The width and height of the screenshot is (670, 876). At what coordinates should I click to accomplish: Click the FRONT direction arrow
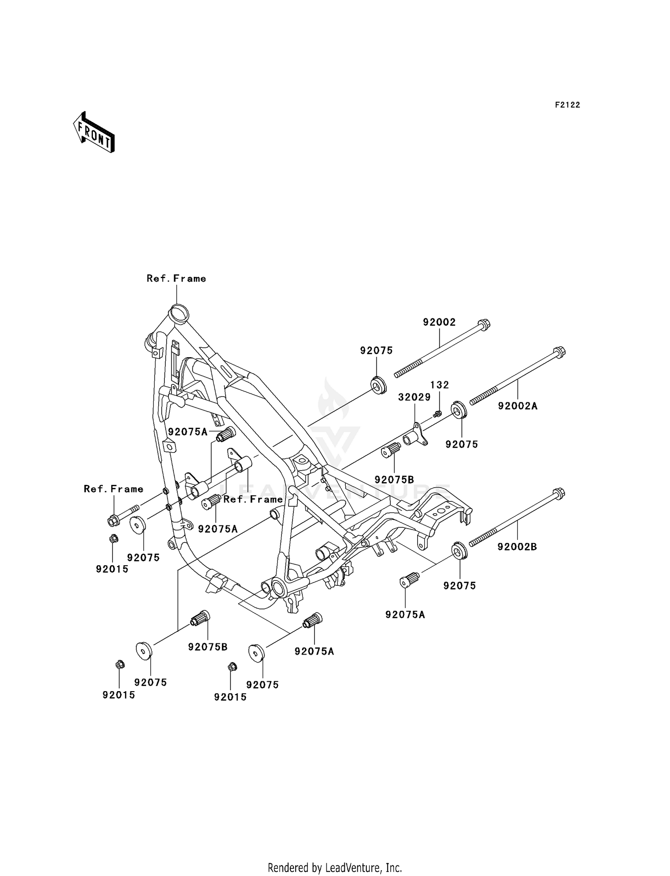[x=94, y=133]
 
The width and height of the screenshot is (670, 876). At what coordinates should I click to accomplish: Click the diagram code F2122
[x=567, y=105]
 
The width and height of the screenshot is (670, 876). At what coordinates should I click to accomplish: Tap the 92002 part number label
[x=439, y=322]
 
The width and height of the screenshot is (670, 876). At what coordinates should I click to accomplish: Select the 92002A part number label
[x=518, y=406]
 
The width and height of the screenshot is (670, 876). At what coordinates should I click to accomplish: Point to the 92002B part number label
[x=517, y=546]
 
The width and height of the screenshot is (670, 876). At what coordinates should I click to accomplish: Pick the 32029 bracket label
[x=414, y=397]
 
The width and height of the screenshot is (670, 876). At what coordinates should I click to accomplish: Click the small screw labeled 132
[x=438, y=414]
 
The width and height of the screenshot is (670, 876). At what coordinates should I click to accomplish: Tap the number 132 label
[x=440, y=385]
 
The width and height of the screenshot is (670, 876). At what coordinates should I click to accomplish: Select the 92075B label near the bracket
[x=394, y=480]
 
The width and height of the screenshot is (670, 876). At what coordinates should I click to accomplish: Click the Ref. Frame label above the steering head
[x=176, y=279]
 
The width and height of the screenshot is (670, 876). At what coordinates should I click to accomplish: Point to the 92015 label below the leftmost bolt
[x=112, y=569]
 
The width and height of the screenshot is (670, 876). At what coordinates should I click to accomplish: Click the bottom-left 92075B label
[x=208, y=647]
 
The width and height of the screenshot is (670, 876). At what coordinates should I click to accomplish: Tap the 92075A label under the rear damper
[x=405, y=615]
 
